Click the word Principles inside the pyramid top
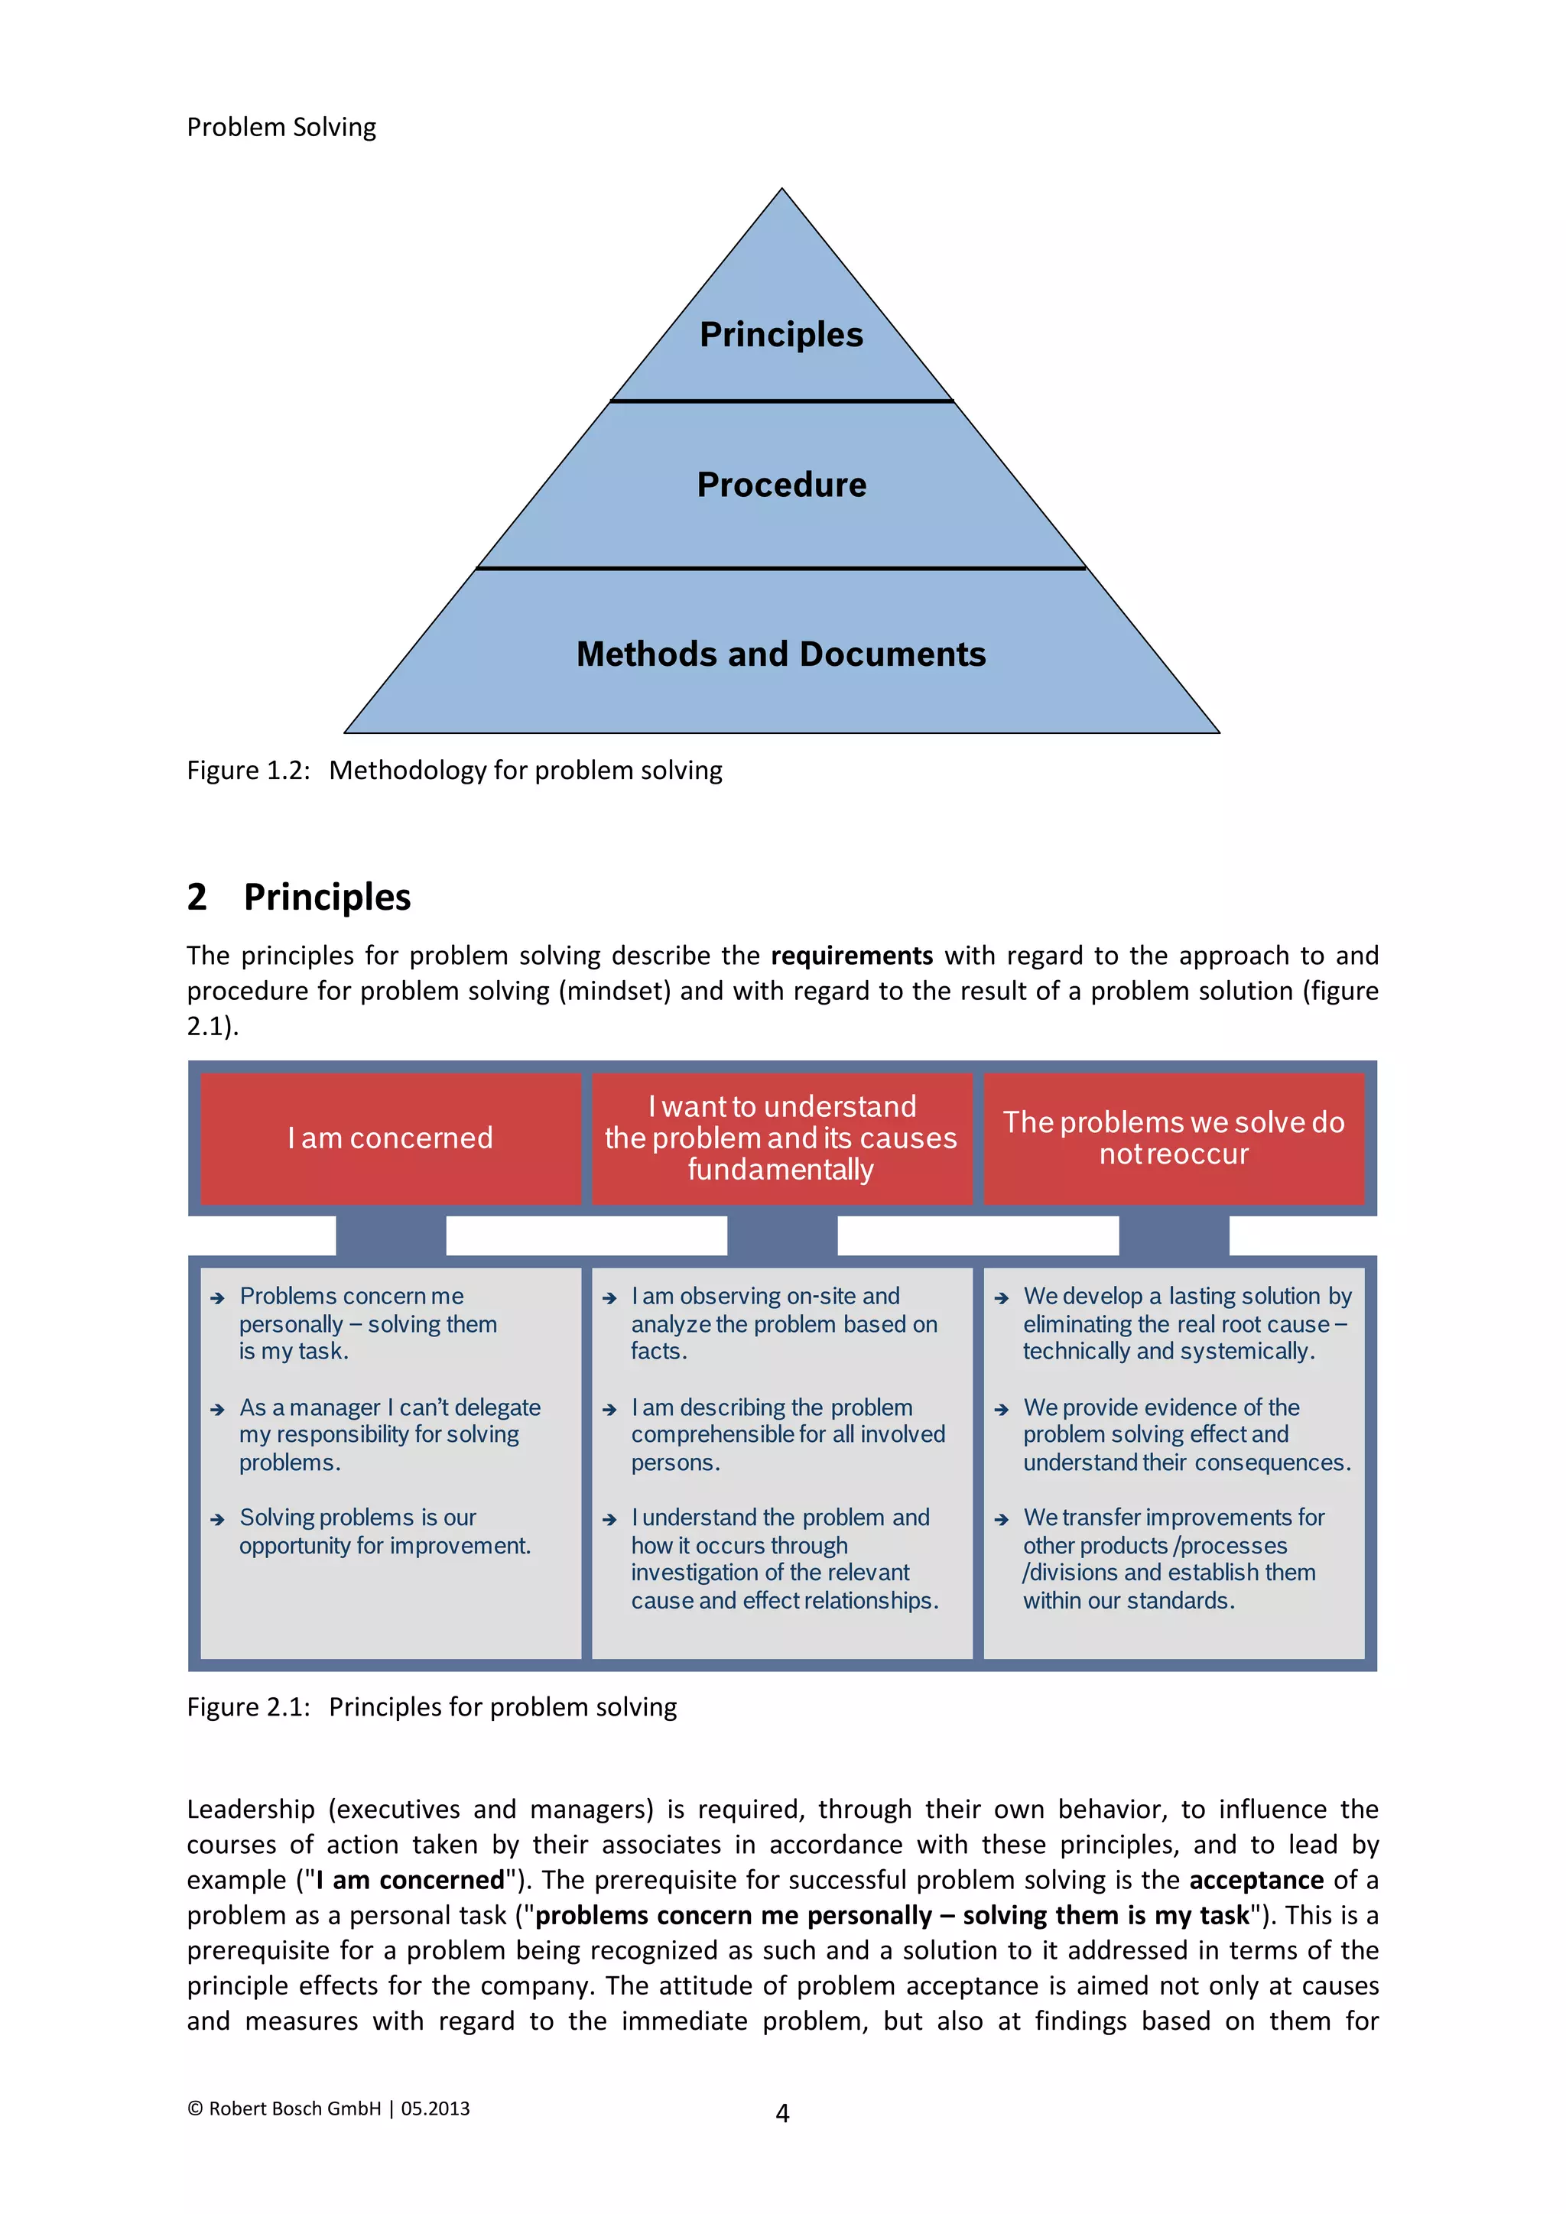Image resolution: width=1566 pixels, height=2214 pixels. tap(781, 335)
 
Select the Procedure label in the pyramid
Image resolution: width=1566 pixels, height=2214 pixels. tap(781, 484)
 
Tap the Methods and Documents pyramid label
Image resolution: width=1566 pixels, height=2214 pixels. tap(781, 654)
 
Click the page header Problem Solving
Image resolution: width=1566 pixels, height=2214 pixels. tap(281, 127)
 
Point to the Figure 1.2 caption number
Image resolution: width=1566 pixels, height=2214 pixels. tap(248, 771)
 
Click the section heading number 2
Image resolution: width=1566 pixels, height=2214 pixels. tap(197, 897)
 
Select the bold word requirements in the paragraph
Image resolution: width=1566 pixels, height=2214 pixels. tap(852, 956)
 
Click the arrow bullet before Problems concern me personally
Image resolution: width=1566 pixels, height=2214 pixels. tap(217, 1298)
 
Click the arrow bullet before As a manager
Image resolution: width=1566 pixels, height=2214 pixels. tap(217, 1409)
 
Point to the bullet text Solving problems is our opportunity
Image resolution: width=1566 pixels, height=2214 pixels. tap(384, 1531)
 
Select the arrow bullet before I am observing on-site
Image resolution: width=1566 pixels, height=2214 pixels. tap(609, 1298)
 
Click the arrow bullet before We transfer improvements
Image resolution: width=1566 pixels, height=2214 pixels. tap(1001, 1519)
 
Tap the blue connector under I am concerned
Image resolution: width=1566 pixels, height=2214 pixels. tap(391, 1235)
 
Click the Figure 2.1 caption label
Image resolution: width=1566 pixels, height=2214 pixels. tap(248, 1707)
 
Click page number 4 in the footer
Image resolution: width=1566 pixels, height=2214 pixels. tap(782, 2114)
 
